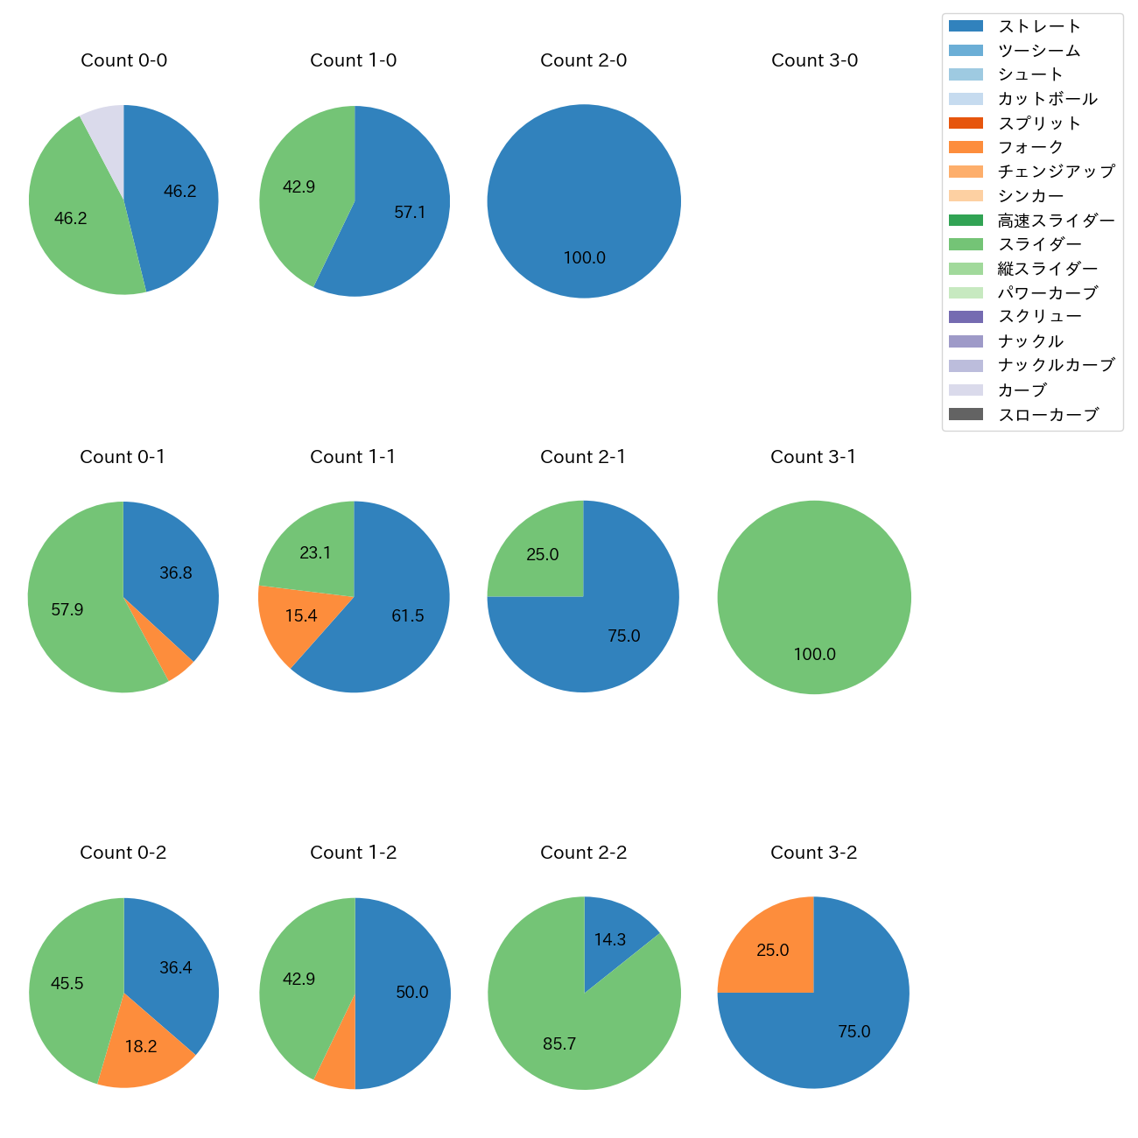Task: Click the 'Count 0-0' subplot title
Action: pyautogui.click(x=123, y=60)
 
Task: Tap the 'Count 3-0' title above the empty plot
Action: pyautogui.click(x=814, y=60)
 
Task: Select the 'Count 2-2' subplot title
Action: pyautogui.click(x=583, y=853)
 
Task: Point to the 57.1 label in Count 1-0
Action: pyautogui.click(x=410, y=213)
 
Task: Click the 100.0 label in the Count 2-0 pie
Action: pyautogui.click(x=584, y=258)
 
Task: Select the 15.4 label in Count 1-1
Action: pyautogui.click(x=300, y=616)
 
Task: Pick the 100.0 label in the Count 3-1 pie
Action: pyautogui.click(x=814, y=655)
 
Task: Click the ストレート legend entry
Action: pyautogui.click(x=1039, y=26)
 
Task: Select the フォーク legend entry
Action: pyautogui.click(x=1030, y=147)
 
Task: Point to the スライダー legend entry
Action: pyautogui.click(x=1039, y=244)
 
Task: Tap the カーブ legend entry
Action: pyautogui.click(x=1022, y=390)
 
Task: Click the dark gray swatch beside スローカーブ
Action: pyautogui.click(x=966, y=414)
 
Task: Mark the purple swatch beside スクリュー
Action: pyautogui.click(x=966, y=317)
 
